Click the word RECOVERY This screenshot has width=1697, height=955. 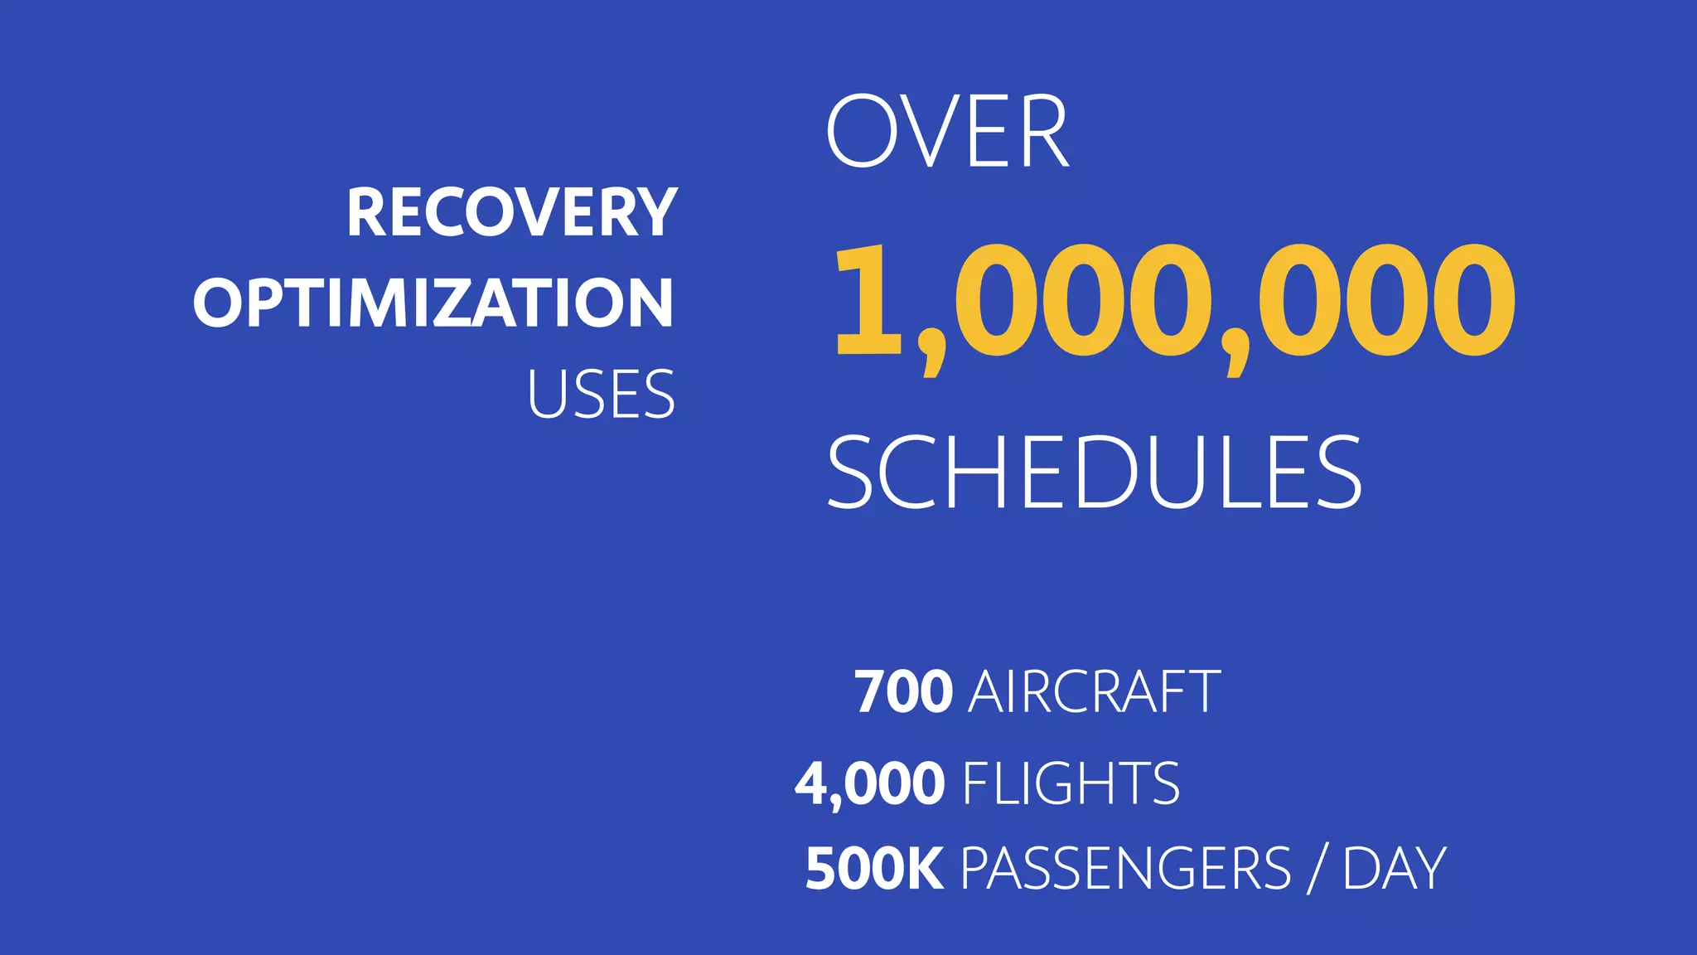[x=512, y=212]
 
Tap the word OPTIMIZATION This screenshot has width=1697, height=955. [x=433, y=303]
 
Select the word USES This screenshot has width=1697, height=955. [x=601, y=395]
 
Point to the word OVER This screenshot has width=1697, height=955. [x=947, y=133]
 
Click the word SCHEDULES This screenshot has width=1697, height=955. [x=1094, y=473]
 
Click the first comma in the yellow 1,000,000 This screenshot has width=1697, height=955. [x=931, y=356]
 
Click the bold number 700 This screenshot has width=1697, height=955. [x=904, y=692]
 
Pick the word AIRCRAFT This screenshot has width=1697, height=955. [x=1094, y=692]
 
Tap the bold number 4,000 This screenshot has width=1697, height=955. [x=869, y=783]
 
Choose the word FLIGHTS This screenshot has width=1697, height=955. [x=1071, y=783]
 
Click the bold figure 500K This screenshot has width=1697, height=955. [x=874, y=869]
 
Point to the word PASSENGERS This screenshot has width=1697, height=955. [x=1125, y=869]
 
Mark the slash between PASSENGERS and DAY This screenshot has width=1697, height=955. [x=1317, y=869]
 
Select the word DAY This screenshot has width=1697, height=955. [x=1394, y=869]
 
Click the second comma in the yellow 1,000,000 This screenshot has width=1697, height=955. [x=1235, y=356]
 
